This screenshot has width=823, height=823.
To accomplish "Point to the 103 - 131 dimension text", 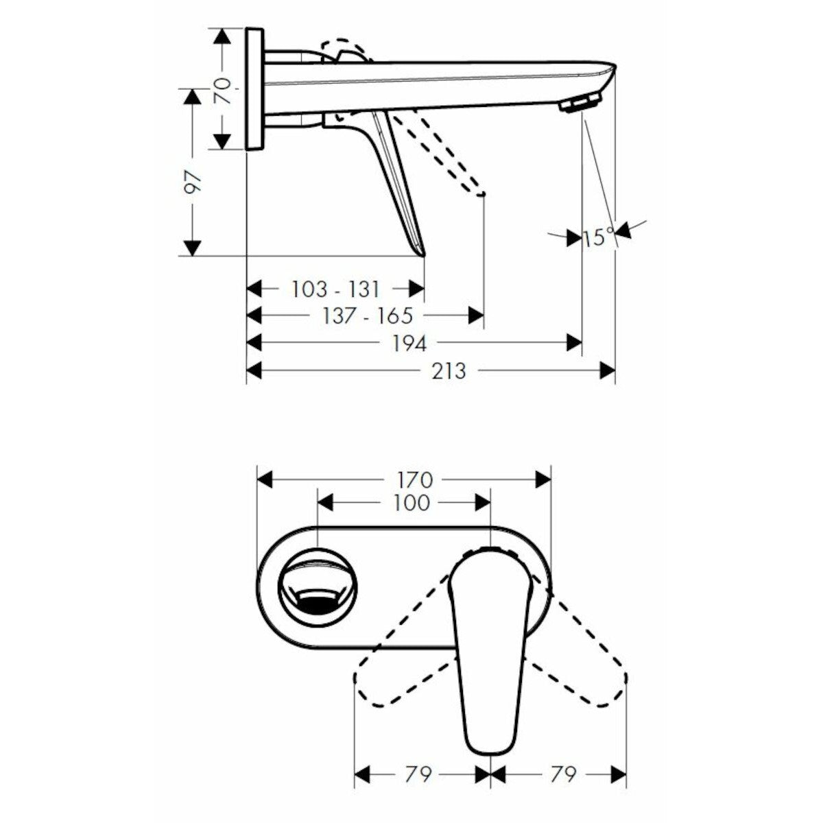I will click(335, 289).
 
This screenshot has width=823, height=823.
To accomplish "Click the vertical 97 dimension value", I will click(194, 183).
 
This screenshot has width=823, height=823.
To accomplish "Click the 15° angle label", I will click(599, 237).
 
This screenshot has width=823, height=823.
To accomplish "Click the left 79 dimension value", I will click(417, 775).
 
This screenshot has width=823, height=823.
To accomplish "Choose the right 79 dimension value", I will click(561, 775).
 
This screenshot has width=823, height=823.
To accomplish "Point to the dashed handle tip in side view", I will click(482, 194).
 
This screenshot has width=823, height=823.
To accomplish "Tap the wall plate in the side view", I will click(254, 89).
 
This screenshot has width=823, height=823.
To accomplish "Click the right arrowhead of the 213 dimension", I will click(607, 371).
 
